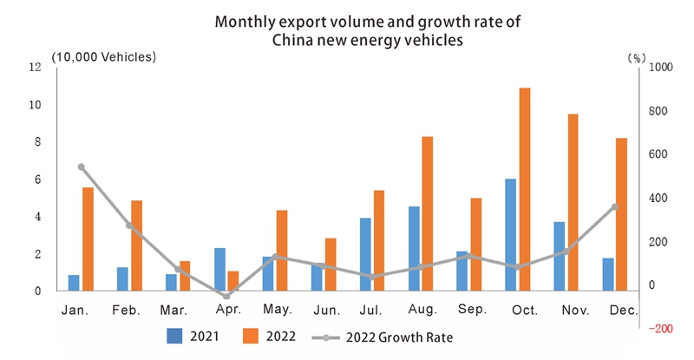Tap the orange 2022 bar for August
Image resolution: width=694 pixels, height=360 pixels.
click(x=428, y=213)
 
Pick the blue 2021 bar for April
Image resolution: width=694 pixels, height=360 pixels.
click(x=219, y=270)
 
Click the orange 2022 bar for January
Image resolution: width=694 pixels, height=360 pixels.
click(x=88, y=239)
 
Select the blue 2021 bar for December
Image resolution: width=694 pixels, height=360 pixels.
click(x=608, y=274)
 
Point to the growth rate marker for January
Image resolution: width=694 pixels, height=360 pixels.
click(x=81, y=167)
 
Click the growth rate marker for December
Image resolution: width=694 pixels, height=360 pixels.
click(x=615, y=206)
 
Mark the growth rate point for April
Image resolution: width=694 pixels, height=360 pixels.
click(x=226, y=297)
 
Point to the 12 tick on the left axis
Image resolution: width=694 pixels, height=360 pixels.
click(x=36, y=68)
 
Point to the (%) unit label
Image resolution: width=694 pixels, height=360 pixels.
click(x=636, y=57)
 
